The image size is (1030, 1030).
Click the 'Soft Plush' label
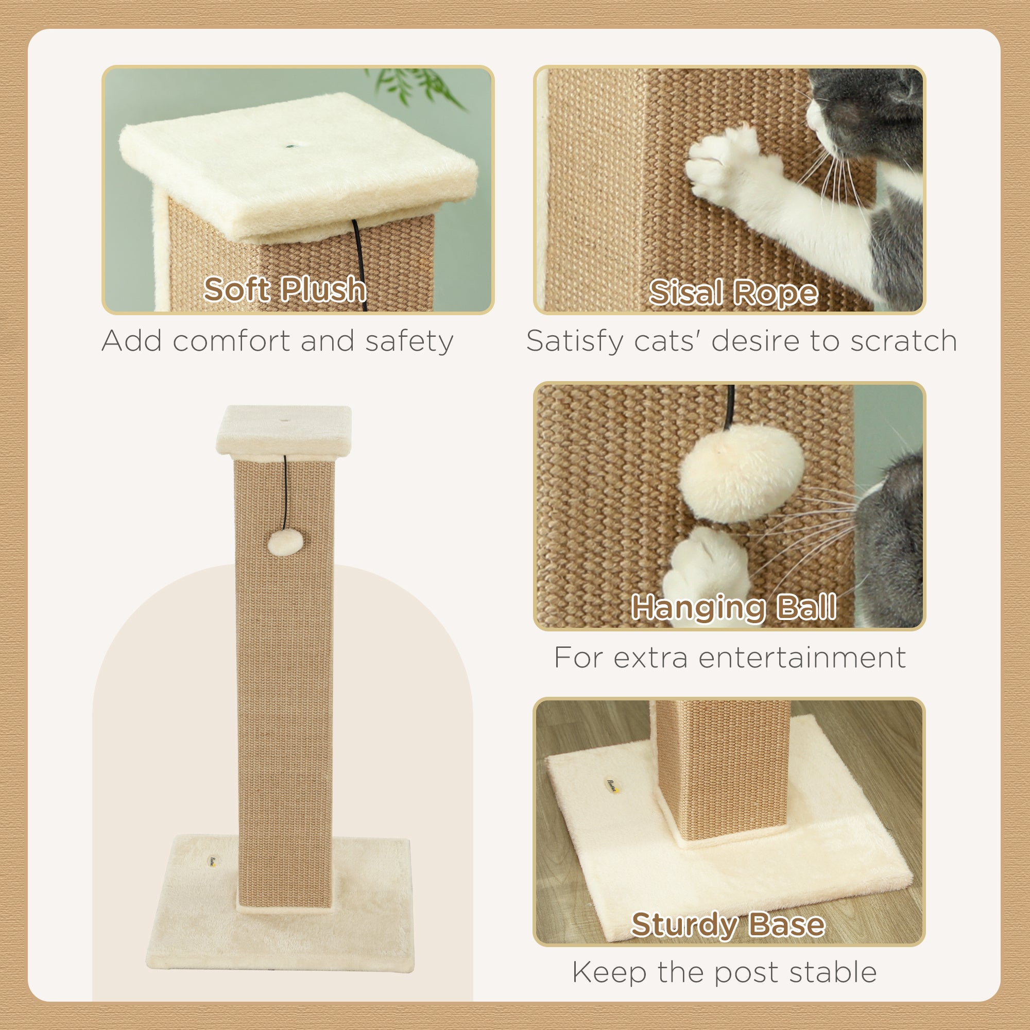click(285, 289)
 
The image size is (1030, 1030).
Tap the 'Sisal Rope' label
click(733, 293)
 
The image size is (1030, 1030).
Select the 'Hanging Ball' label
click(733, 607)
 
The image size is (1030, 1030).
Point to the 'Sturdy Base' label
click(728, 924)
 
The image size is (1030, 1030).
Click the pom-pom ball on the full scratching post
click(285, 542)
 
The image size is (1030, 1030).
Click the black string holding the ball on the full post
click(285, 490)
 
